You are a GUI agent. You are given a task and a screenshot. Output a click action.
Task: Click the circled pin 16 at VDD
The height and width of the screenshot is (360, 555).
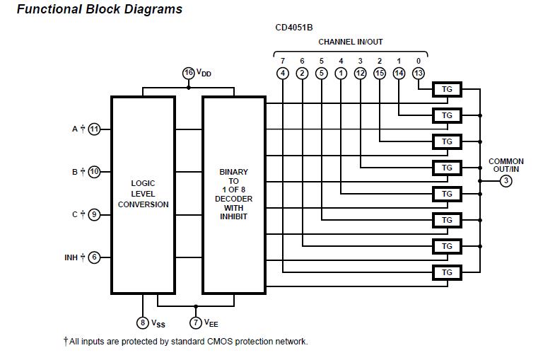pos(188,73)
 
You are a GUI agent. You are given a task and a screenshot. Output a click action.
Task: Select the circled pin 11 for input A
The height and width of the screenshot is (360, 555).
pos(94,129)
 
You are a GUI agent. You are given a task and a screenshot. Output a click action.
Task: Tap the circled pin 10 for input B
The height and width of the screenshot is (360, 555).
pos(94,172)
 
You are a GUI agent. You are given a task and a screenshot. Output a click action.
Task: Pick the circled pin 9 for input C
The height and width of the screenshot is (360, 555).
pos(94,214)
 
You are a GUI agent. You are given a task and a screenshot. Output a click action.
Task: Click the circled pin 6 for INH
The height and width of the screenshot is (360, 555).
pos(94,257)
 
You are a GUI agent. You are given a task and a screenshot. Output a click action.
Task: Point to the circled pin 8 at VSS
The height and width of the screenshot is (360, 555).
pos(143,323)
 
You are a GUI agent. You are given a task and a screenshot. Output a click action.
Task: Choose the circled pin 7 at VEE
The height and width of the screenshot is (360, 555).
pos(196,323)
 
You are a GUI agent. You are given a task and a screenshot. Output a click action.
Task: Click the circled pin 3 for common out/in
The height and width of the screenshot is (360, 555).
pos(506,181)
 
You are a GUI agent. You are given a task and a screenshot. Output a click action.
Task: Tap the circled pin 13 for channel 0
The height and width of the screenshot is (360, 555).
pos(418,73)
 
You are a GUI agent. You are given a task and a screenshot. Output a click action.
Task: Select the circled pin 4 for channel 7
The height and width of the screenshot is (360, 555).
pos(283,73)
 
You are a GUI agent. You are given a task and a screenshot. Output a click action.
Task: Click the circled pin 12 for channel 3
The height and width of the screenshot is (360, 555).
pos(360,73)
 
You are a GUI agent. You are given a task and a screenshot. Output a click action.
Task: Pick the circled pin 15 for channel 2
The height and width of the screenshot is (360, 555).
pos(380,73)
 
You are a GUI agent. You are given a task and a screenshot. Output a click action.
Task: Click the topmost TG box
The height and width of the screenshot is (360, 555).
pos(447,89)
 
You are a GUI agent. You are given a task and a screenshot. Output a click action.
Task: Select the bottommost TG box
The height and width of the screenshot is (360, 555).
pos(447,272)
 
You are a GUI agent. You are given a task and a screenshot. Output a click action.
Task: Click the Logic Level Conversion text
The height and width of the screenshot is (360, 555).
pos(143,194)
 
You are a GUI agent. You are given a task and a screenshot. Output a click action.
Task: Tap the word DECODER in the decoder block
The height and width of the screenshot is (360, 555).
pos(233,199)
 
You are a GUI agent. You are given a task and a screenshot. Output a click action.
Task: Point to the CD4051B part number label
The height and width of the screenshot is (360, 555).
pos(294,28)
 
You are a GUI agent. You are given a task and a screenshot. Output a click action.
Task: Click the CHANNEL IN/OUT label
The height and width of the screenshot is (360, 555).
pos(350,42)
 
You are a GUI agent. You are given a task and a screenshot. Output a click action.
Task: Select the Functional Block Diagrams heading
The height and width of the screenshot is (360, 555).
pos(99,10)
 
